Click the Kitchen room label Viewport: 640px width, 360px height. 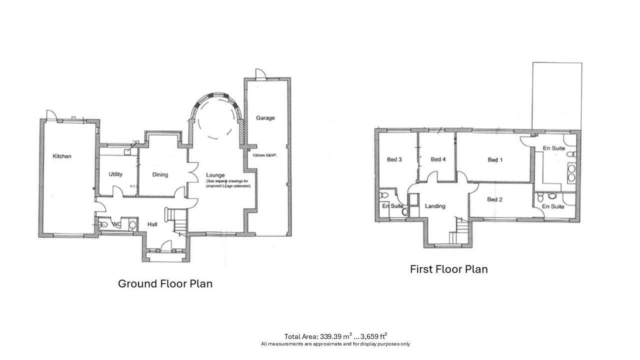62,156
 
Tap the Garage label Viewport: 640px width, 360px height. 265,118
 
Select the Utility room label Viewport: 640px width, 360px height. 115,174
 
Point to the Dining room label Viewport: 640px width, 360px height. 160,175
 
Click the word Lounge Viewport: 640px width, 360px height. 215,175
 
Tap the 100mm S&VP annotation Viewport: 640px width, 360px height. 265,155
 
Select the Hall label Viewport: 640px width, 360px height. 152,224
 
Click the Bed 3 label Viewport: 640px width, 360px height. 394,160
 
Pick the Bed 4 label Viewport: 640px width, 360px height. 438,159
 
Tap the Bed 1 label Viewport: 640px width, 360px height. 495,160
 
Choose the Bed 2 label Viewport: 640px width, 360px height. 494,200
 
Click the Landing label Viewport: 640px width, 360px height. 435,206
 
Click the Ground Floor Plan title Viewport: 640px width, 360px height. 165,284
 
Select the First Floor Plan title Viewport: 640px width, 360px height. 448,269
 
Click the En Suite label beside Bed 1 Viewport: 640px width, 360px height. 553,148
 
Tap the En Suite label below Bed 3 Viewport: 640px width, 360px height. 393,206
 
